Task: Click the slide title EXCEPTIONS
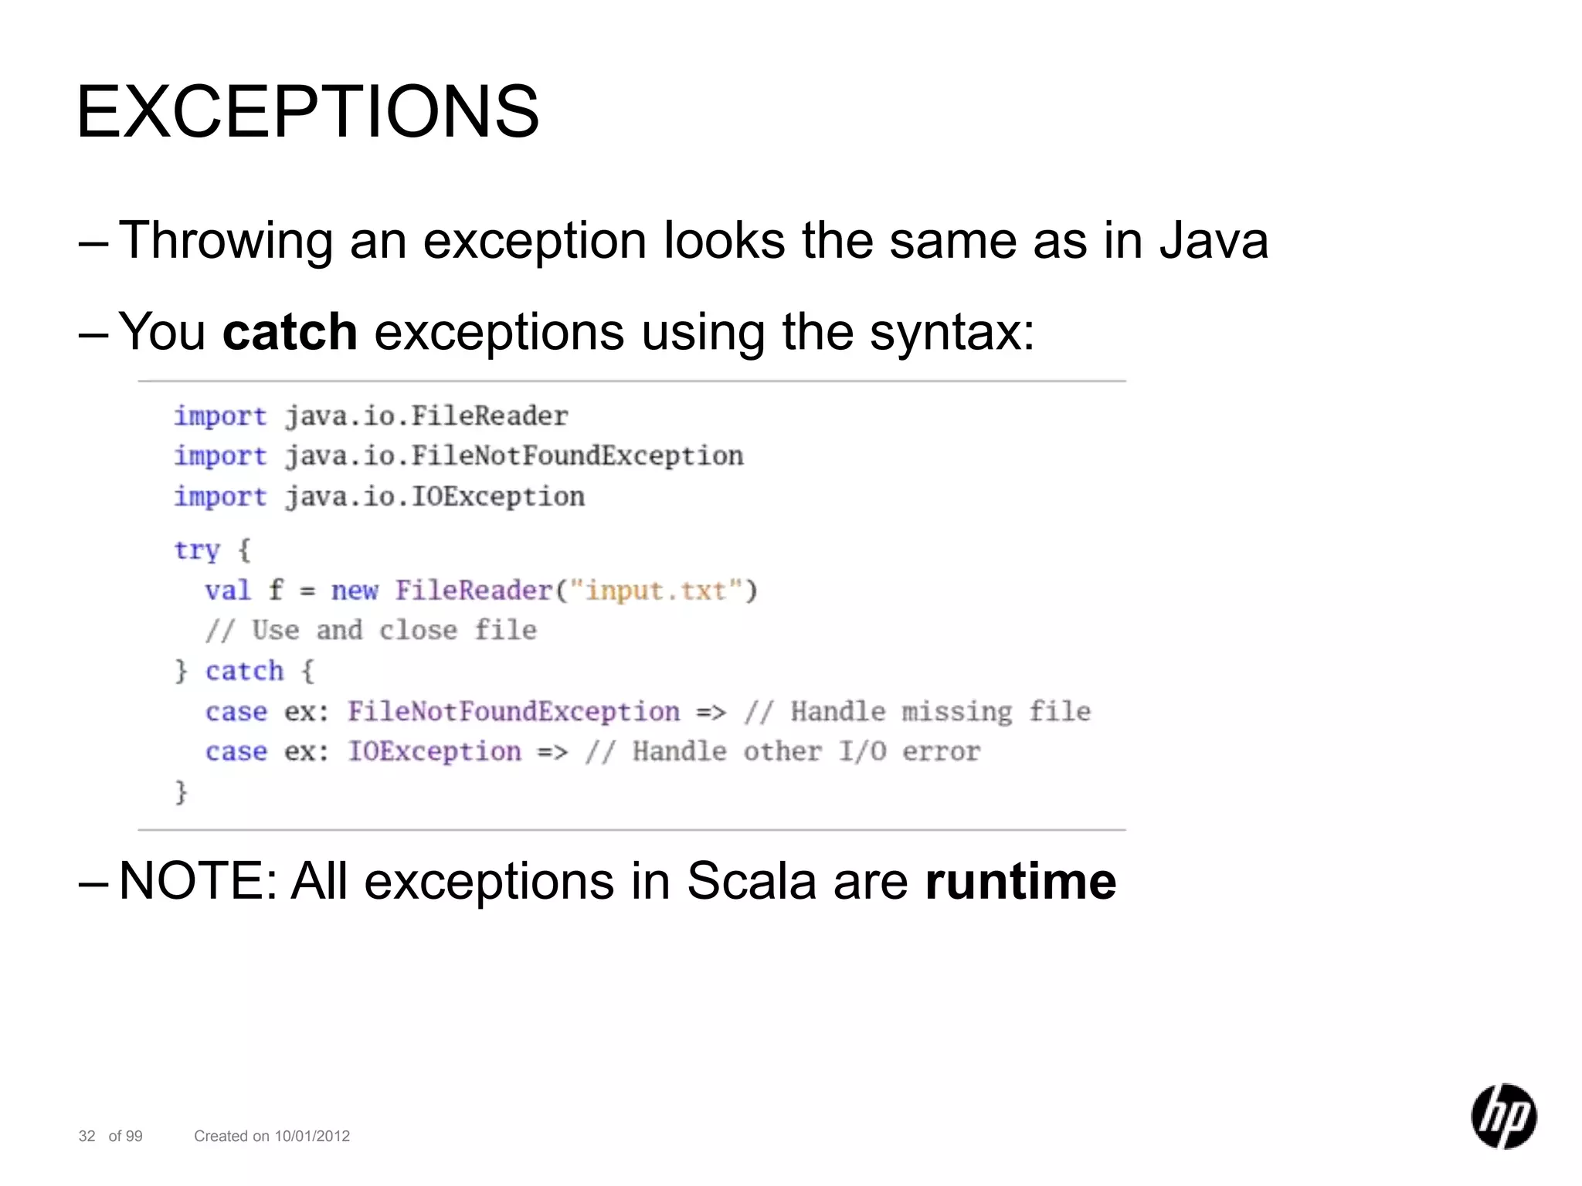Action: pos(307,113)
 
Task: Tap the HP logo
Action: pos(1503,1116)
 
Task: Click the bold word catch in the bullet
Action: pos(290,332)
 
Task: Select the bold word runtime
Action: pos(1020,881)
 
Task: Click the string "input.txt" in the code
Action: pos(656,591)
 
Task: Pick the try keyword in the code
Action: pos(197,551)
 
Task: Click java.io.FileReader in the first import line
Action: pos(426,416)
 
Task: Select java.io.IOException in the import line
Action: pos(434,496)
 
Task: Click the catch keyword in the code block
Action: pos(244,671)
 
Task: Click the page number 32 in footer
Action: pos(87,1136)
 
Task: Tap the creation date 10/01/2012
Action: pos(312,1136)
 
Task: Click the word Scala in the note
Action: pos(751,881)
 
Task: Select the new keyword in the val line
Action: pos(355,591)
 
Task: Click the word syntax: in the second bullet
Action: pos(952,332)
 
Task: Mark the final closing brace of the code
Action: pos(182,792)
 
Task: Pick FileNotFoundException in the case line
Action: pos(514,711)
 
